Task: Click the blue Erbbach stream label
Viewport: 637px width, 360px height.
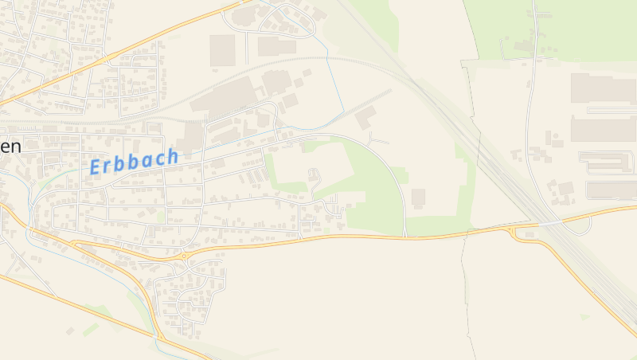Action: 134,162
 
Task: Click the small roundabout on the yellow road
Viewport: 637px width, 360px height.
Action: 184,256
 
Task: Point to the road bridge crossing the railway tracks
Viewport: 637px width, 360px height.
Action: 549,222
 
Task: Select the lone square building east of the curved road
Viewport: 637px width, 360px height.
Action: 418,196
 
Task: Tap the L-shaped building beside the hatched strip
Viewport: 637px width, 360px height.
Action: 365,118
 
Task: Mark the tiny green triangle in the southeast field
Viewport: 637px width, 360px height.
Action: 585,317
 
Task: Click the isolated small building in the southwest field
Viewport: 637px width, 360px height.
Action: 70,331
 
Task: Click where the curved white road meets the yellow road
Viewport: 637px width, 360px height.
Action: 405,237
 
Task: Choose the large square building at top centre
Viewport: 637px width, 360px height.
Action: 222,50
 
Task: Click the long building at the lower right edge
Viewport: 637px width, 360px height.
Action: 612,190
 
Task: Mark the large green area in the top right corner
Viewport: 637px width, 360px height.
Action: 557,28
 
